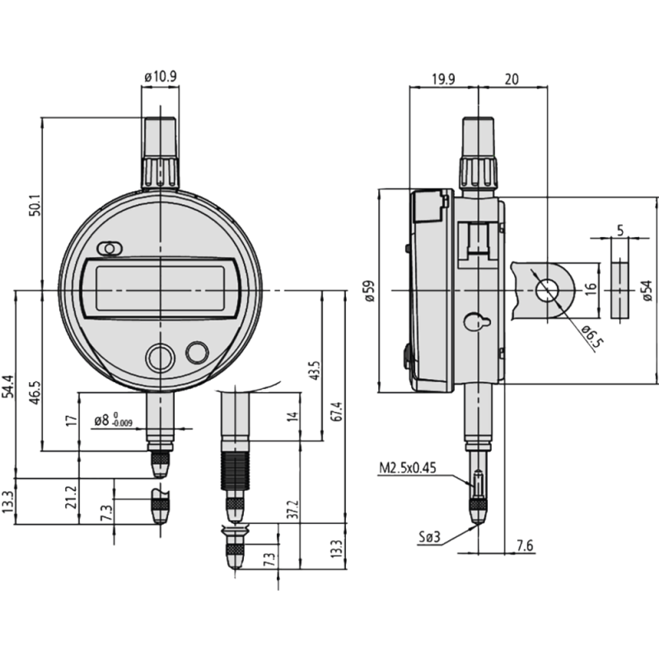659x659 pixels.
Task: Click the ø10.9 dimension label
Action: pos(159,77)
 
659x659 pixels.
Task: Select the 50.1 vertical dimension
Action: pos(34,203)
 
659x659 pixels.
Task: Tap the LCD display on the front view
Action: pos(161,287)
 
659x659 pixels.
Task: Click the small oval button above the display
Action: pos(108,249)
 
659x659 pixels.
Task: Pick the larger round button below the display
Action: pos(158,358)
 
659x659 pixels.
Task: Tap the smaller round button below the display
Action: pos(197,352)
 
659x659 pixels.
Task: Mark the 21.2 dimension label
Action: pos(71,498)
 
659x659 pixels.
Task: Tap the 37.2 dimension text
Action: pos(294,513)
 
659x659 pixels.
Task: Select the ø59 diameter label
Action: pos(370,292)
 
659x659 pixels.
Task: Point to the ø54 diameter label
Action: pos(647,292)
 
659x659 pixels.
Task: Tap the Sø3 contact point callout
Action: pos(429,538)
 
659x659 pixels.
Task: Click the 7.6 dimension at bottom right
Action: pos(525,545)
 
